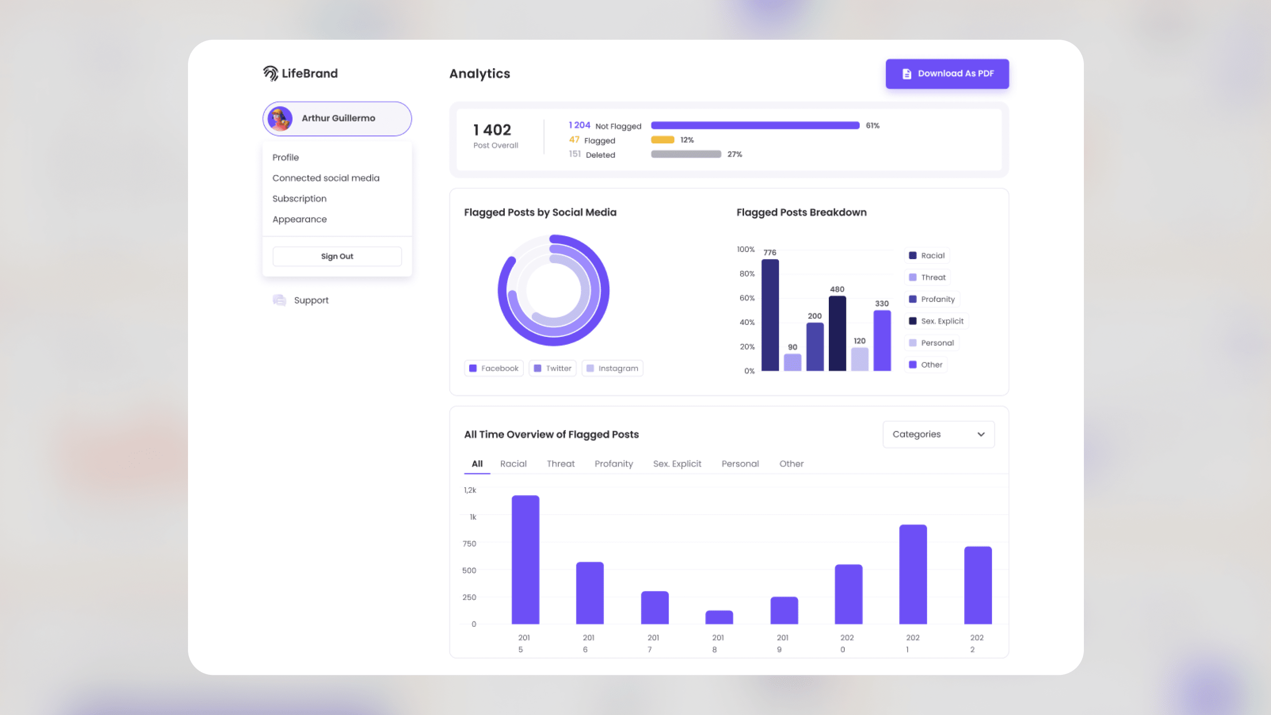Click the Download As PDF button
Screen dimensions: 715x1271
pos(947,74)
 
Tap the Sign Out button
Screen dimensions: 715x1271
pos(337,256)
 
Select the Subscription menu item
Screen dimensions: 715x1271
pos(300,198)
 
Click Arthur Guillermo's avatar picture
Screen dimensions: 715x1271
pos(280,118)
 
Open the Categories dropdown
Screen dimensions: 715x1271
pos(938,434)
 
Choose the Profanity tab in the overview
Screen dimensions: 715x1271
pos(613,463)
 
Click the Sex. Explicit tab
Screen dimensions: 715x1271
pos(677,463)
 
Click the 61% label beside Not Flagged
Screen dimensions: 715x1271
pos(872,125)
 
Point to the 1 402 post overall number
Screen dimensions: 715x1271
pos(492,130)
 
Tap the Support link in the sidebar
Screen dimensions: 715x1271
pos(311,300)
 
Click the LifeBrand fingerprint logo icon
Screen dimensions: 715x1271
pos(271,74)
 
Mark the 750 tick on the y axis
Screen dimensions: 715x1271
pos(469,543)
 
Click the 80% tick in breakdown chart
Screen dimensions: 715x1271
pos(747,273)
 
